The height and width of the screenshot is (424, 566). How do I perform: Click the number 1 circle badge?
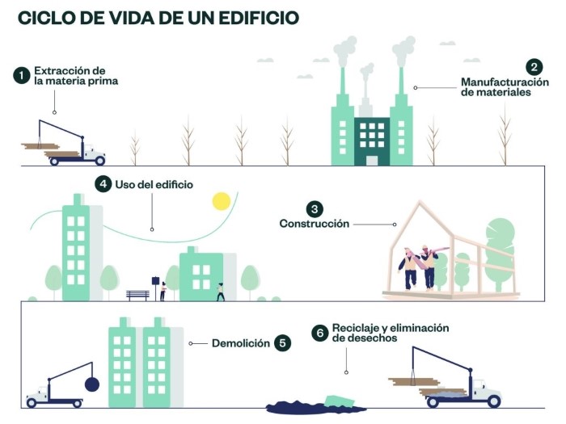[x=22, y=76]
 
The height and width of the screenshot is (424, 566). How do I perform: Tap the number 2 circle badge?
[x=534, y=67]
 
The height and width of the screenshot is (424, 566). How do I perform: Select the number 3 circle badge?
[x=315, y=209]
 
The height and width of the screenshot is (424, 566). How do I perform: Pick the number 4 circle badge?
[x=103, y=184]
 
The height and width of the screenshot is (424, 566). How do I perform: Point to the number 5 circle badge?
[x=282, y=343]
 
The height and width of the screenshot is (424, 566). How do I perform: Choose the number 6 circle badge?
[x=320, y=333]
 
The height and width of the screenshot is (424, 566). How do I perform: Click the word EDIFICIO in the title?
[x=259, y=18]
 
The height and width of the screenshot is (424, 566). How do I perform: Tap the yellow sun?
[x=222, y=201]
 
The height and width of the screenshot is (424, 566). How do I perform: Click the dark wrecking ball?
[x=92, y=384]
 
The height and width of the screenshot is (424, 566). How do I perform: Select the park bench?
[x=137, y=296]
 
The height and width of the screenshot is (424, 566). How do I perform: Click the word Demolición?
[x=241, y=343]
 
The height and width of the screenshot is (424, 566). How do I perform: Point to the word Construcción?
[x=315, y=224]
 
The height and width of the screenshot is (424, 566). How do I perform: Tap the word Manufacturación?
[x=505, y=82]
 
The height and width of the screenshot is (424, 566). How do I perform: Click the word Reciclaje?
[x=355, y=328]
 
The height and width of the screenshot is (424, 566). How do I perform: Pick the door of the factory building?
[x=372, y=161]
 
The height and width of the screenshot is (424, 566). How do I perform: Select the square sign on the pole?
[x=155, y=280]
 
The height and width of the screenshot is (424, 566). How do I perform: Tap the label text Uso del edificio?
[x=154, y=185]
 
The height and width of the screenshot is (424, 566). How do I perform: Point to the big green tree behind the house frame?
[x=500, y=252]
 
